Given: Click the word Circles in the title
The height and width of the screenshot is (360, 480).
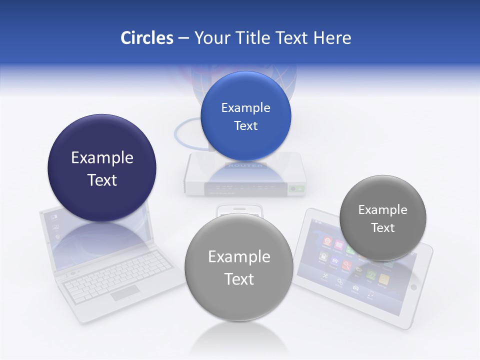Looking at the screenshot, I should coord(146,38).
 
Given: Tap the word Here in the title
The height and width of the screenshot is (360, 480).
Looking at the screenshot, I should coord(332,38).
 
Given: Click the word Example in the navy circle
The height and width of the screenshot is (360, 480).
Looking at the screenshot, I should coord(102,158).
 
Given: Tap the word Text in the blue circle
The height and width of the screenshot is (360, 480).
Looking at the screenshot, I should coord(245,126).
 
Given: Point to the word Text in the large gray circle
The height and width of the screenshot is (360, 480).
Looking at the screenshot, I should coord(239,279).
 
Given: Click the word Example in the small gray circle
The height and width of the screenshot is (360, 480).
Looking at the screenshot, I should coord(383,210).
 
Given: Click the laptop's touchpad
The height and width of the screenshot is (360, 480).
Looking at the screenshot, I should coord(124,293).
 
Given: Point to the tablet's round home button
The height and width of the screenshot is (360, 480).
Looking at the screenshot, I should coord(413,287).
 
